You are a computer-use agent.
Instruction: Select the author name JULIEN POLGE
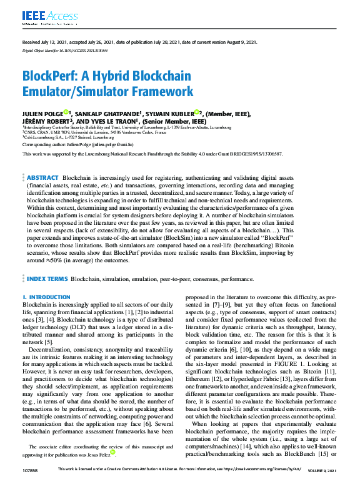(x=43, y=114)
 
